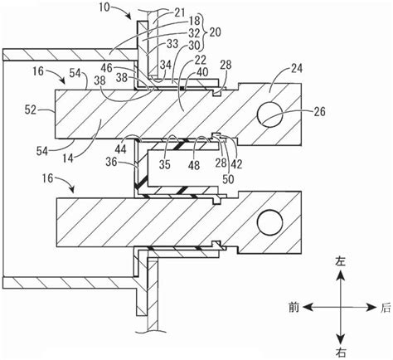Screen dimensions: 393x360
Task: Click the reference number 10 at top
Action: pyautogui.click(x=105, y=7)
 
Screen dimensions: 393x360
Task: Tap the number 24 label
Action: pyautogui.click(x=296, y=69)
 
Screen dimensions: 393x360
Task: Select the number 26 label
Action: pyautogui.click(x=319, y=112)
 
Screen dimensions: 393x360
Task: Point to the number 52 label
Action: pyautogui.click(x=30, y=110)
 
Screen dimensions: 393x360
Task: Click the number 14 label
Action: pyautogui.click(x=67, y=158)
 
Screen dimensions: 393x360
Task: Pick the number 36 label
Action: pyautogui.click(x=111, y=162)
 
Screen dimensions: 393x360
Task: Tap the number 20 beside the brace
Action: pyautogui.click(x=215, y=32)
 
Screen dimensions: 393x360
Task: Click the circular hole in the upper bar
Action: pyautogui.click(x=269, y=114)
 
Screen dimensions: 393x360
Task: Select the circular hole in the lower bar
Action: pyautogui.click(x=269, y=223)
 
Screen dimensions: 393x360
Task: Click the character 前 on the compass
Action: pyautogui.click(x=294, y=308)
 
